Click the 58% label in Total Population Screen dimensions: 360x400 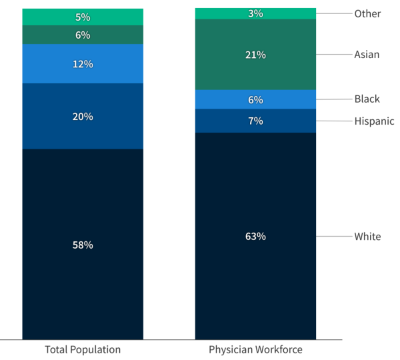tap(83, 245)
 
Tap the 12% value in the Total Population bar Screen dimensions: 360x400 tap(83, 64)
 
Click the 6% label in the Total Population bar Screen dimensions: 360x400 tap(83, 35)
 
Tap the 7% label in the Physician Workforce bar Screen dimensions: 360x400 tap(255, 121)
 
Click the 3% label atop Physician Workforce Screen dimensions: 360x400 tap(255, 13)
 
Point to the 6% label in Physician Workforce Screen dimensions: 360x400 tap(255, 100)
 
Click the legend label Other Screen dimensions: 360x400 tap(367, 13)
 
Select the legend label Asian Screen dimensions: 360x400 tap(367, 55)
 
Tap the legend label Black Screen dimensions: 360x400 tap(367, 99)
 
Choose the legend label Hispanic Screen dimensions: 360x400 tap(374, 121)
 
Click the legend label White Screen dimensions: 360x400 tap(367, 236)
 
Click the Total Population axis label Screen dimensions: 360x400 tap(83, 349)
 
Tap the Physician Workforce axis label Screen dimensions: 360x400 tap(255, 349)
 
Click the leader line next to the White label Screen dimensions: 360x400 tap(333, 236)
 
